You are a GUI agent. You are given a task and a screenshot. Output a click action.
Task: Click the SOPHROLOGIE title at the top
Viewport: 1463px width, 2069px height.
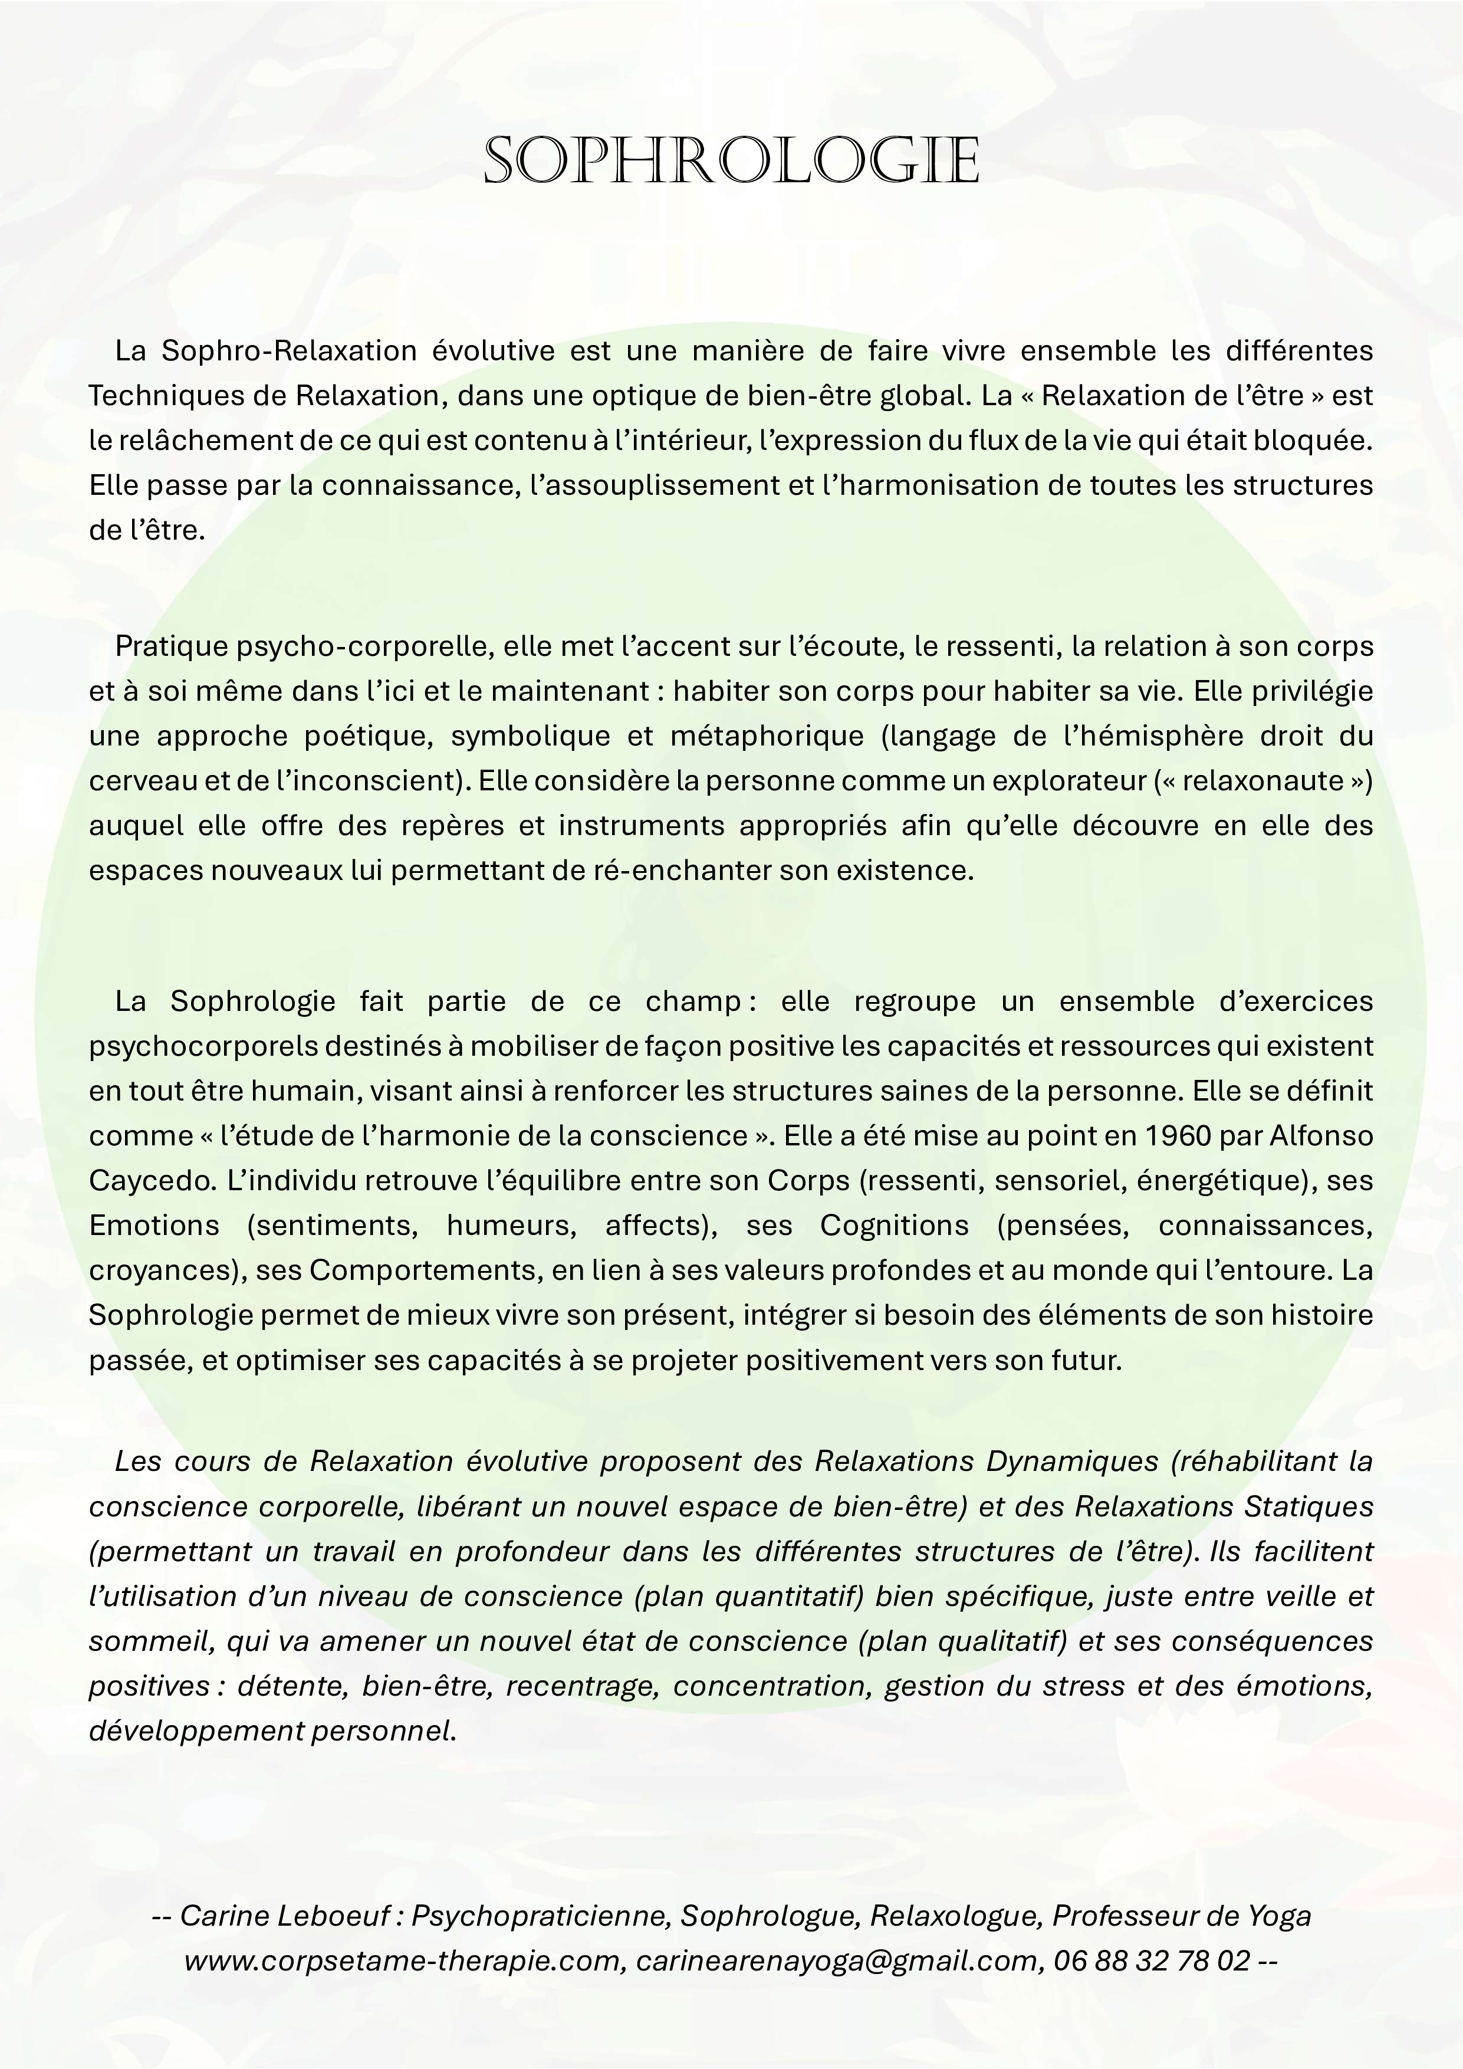pos(731,162)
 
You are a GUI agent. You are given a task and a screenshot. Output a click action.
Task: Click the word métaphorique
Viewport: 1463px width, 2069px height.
pos(767,736)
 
